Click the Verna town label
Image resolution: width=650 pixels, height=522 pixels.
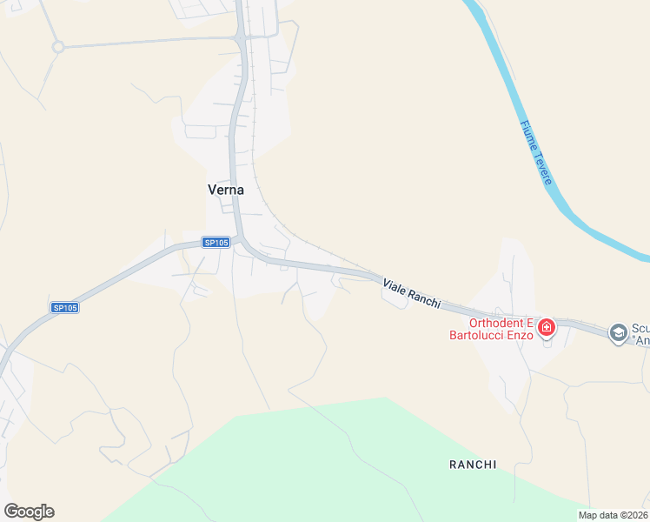pos(225,190)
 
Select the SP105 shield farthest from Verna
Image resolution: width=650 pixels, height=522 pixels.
pos(64,307)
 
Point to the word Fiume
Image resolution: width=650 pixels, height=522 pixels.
pos(527,133)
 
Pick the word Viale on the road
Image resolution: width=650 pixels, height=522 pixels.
pos(396,288)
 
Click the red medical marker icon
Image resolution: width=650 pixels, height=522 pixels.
pos(547,328)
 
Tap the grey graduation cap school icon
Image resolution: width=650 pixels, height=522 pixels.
pos(618,332)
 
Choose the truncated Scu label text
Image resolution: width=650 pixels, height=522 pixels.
pos(640,328)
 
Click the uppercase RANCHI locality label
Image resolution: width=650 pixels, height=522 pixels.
pos(473,465)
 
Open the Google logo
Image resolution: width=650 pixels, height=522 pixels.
pos(29,512)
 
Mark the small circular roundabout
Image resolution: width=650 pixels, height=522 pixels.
pos(58,47)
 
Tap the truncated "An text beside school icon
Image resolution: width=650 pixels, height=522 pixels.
pos(641,341)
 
